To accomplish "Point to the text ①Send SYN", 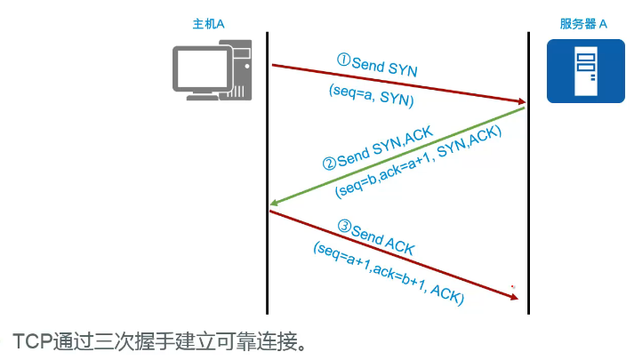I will (x=377, y=64).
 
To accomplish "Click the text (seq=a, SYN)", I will (x=373, y=96).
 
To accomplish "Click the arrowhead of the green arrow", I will (x=275, y=204).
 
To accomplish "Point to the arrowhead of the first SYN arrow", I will (x=519, y=103).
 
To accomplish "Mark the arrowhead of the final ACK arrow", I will (x=512, y=297).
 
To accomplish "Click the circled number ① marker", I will (x=344, y=60).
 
